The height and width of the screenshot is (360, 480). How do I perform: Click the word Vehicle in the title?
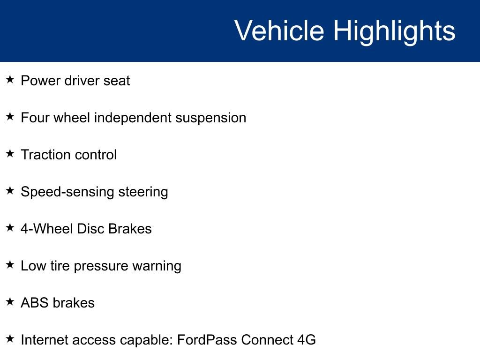tap(279, 31)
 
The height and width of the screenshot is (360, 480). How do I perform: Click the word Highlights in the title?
tap(394, 31)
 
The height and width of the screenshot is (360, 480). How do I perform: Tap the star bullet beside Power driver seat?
tap(10, 80)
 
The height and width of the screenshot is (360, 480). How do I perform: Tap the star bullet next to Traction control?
tap(10, 154)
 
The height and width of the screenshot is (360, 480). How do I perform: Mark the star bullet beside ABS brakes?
tap(10, 302)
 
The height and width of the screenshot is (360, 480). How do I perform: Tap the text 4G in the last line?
tap(306, 340)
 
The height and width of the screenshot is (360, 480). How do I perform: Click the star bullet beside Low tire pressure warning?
tap(10, 265)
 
